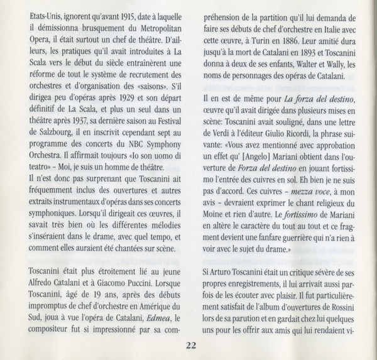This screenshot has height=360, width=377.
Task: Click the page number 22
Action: click(189, 344)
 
